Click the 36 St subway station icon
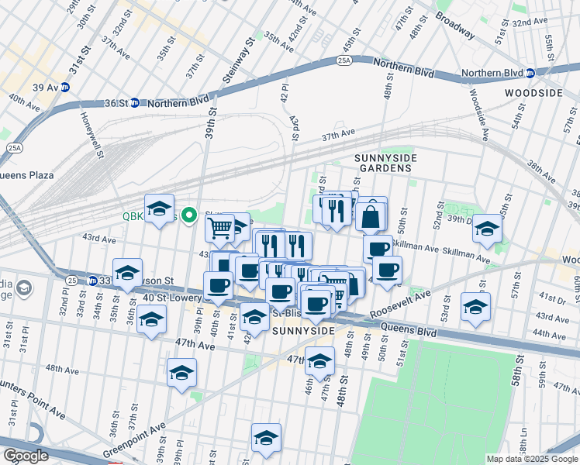134,102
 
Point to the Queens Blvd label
409,329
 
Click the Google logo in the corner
26,456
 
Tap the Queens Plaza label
26,175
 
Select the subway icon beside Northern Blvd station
530,74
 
